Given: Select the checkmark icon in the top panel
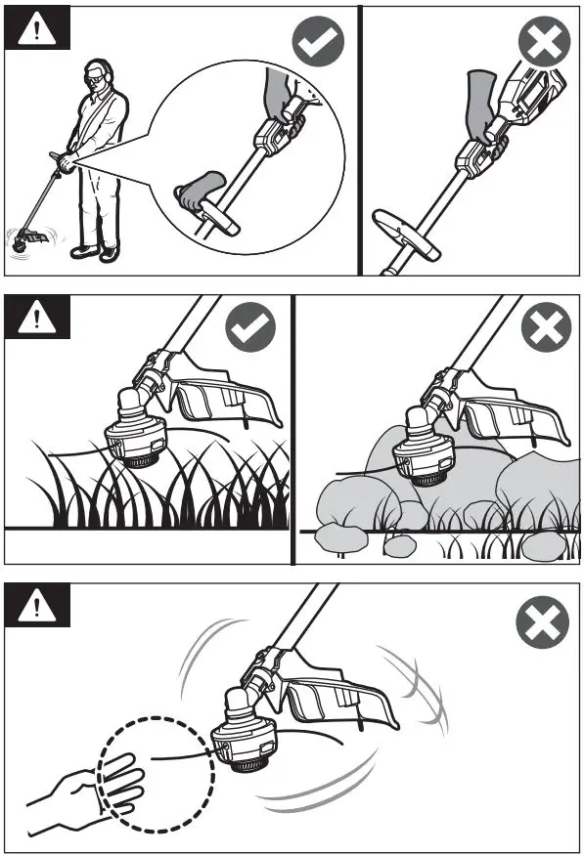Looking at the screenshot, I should [317, 43].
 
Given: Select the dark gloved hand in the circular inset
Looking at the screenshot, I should [282, 100].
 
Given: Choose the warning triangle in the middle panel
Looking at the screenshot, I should [38, 317].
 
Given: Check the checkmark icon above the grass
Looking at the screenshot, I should [250, 327].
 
